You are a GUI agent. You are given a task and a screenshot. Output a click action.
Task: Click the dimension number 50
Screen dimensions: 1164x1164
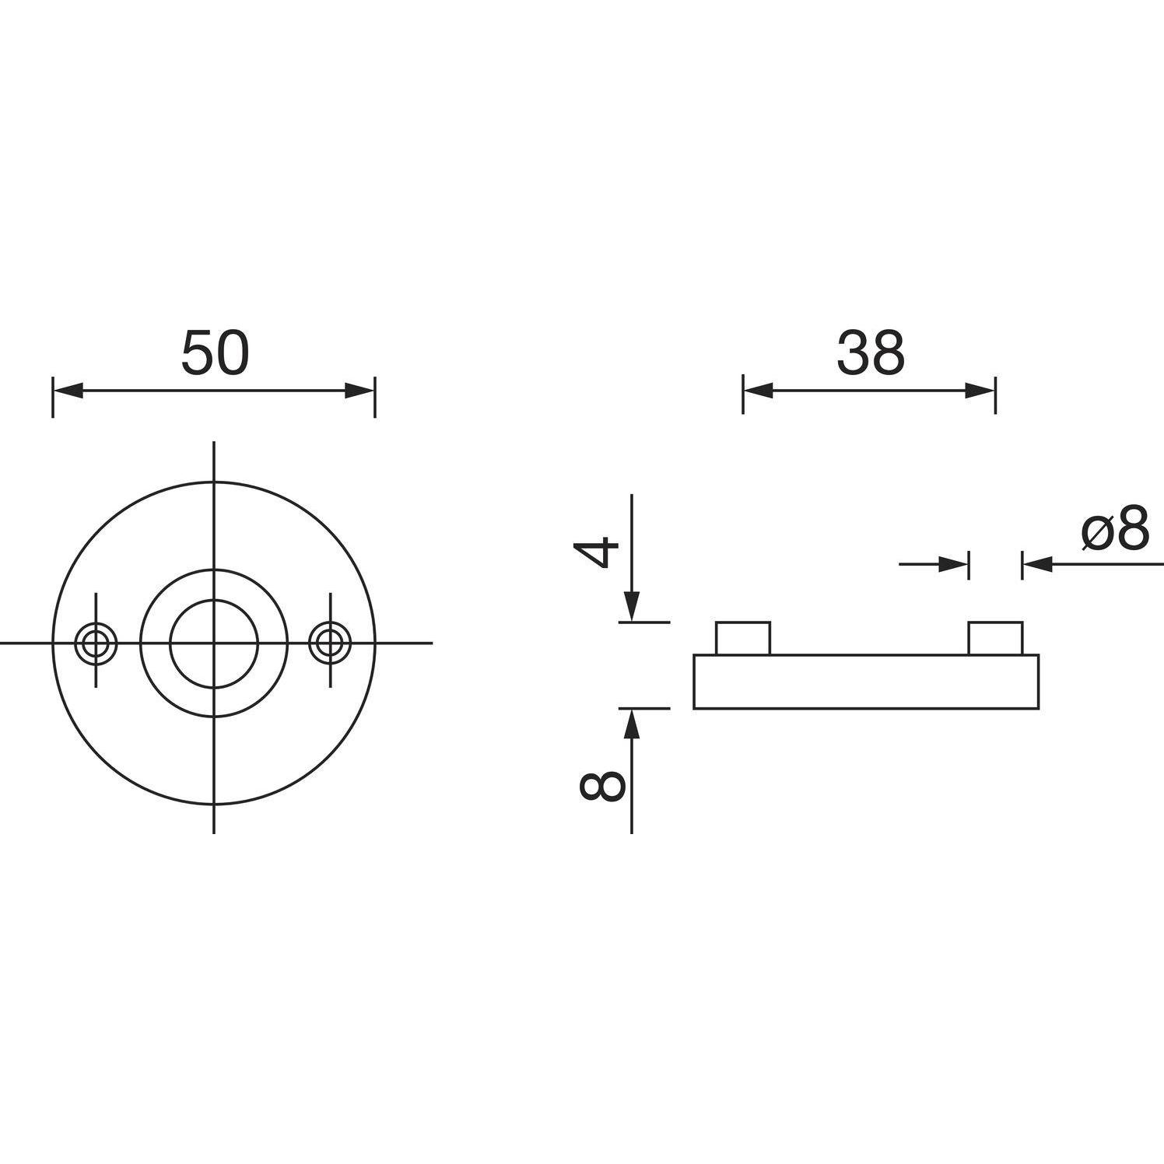(216, 352)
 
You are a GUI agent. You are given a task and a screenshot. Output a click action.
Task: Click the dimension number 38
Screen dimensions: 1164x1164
(871, 352)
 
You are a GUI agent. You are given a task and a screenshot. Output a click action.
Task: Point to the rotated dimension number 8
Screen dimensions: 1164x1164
(601, 786)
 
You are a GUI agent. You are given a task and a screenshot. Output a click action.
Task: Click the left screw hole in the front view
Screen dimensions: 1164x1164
(96, 643)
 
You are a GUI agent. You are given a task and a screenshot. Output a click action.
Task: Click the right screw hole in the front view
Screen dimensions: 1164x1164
(330, 643)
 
